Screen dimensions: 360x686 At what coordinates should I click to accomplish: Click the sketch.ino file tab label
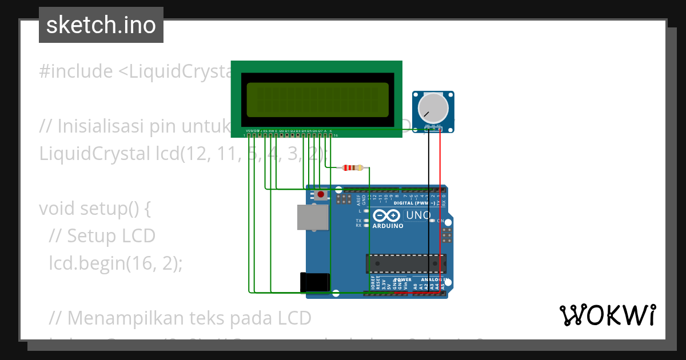click(101, 25)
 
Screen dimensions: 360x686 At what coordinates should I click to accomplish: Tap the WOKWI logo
click(607, 315)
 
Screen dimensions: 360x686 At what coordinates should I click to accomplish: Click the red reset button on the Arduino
click(321, 195)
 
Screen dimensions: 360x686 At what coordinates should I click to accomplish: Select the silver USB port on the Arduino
click(313, 217)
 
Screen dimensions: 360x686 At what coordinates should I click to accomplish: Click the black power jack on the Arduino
click(315, 282)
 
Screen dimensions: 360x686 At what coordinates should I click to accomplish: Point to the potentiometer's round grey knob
click(433, 108)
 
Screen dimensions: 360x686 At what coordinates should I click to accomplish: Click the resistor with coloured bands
click(353, 168)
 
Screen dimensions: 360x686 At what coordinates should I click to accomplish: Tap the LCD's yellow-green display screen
click(317, 99)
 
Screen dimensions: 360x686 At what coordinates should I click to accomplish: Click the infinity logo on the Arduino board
click(386, 216)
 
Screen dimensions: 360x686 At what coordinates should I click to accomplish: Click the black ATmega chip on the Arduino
click(405, 263)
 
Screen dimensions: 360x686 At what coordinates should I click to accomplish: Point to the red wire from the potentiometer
click(440, 217)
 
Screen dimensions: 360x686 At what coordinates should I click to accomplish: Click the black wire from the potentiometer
click(429, 217)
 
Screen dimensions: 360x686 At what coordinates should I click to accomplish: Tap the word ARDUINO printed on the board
click(388, 226)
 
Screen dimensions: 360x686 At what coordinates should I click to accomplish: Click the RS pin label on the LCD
click(265, 131)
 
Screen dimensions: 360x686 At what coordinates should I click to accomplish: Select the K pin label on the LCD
click(330, 131)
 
